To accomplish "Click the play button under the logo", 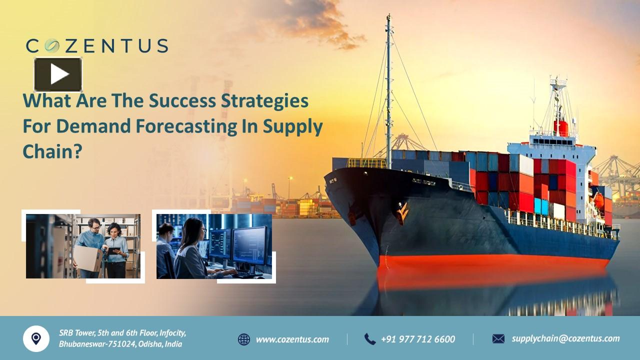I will point(58,74).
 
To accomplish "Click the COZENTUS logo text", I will point(97,46).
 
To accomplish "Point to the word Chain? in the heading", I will point(52,151).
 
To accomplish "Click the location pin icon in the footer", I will point(36,338).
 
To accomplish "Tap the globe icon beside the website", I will point(244,339).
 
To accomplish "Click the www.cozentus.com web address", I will point(292,339).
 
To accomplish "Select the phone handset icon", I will point(369,339).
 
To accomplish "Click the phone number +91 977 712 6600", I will point(418,339).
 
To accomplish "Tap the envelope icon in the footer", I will point(498,339).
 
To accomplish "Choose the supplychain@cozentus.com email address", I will point(565,338).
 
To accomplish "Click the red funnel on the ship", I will point(561,127).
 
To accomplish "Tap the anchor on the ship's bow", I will point(402,212).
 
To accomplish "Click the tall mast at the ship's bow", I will point(388,90).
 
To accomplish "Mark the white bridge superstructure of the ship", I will point(555,150).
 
